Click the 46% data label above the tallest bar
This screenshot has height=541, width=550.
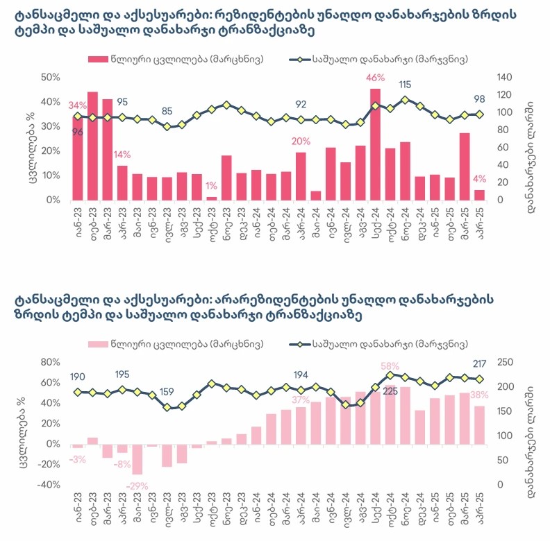point(375,77)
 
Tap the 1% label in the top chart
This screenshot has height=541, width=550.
point(211,186)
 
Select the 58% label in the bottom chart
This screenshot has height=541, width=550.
point(390,366)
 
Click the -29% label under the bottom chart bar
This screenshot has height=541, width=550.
point(137,486)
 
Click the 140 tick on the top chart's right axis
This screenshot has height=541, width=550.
point(506,76)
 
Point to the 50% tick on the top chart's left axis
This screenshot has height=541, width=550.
point(50,76)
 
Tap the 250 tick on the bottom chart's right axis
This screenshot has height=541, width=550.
point(508,362)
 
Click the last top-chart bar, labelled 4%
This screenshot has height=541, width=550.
point(479,195)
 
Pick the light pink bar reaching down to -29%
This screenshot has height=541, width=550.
point(137,459)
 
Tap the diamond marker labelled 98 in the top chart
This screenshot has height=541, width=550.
point(479,114)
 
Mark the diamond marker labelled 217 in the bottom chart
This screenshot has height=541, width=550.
point(479,379)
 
